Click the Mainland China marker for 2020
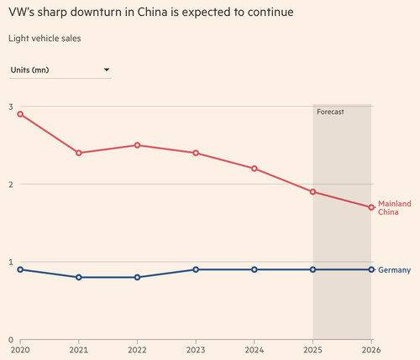pos(20,114)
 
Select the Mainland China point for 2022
pos(137,145)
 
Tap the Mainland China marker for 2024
pos(255,169)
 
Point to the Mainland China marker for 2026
pos(371,207)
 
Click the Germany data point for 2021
pos(79,278)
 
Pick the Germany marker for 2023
pos(196,269)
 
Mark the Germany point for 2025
pos(312,269)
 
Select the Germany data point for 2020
pos(20,269)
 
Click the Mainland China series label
pos(395,208)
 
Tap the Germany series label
pos(394,270)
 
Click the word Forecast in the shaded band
pos(330,112)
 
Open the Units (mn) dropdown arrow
pos(107,70)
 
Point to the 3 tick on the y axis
pos(11,107)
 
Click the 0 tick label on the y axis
pos(11,340)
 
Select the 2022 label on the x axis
pos(137,350)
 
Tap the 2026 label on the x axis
pos(371,350)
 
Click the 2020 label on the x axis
pos(20,350)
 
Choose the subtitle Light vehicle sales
pos(45,39)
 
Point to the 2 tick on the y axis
pos(11,185)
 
